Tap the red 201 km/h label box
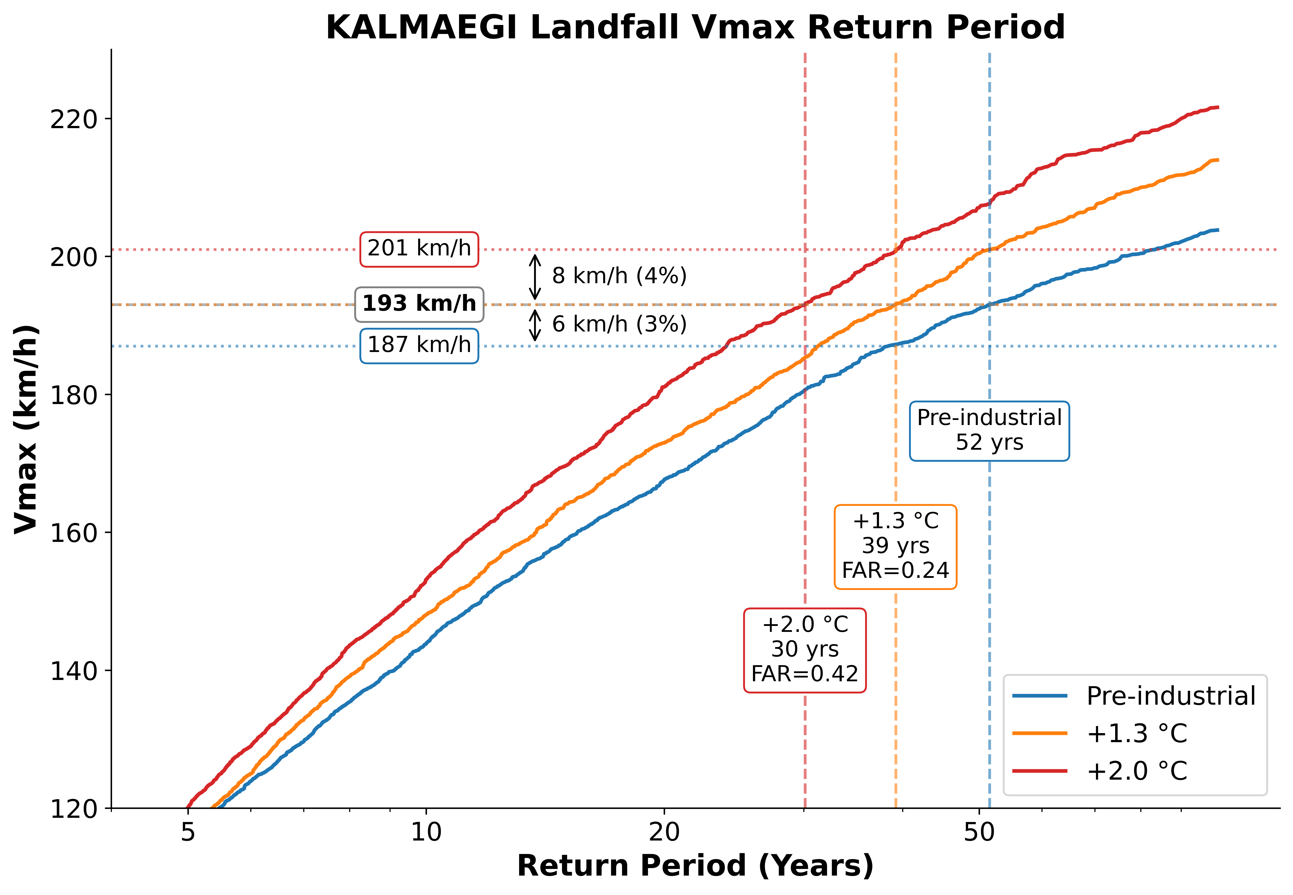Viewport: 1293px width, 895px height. (x=419, y=248)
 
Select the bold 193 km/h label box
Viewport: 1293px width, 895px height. (x=419, y=304)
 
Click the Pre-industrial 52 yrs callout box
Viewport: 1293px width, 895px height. (x=990, y=431)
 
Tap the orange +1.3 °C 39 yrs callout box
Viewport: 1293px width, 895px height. (x=895, y=546)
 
